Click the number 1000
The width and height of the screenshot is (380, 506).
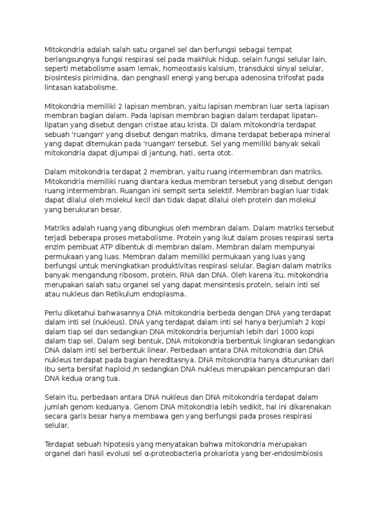(293, 332)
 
